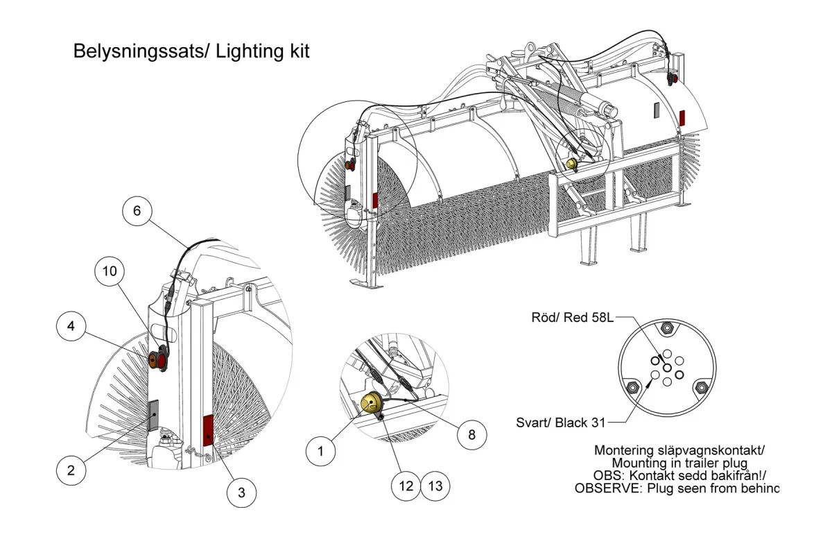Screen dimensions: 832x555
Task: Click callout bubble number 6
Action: (137, 211)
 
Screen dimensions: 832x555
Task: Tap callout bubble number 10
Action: (110, 271)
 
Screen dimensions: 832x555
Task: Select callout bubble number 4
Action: (71, 326)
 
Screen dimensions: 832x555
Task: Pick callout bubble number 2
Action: (71, 470)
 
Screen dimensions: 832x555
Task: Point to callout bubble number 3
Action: (241, 493)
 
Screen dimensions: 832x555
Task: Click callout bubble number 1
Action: (320, 452)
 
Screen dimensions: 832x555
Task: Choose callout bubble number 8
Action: (471, 434)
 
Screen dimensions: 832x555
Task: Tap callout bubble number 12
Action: (406, 486)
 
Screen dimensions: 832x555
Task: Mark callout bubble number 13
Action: (435, 486)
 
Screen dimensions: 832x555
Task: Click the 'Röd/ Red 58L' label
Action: (573, 318)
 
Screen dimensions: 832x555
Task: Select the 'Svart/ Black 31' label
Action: (561, 422)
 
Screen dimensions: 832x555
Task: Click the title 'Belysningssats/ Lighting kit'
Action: (191, 51)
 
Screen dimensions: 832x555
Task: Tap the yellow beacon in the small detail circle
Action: (370, 402)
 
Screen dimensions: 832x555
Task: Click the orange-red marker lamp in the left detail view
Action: (157, 359)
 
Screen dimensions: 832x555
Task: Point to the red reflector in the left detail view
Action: (207, 432)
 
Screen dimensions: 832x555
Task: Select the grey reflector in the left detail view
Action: (153, 416)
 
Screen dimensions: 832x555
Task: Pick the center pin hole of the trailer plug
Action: (667, 368)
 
